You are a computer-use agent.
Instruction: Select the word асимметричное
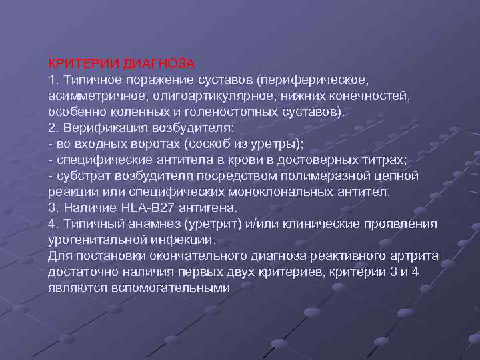[89, 96]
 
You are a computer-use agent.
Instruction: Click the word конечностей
[374, 96]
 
